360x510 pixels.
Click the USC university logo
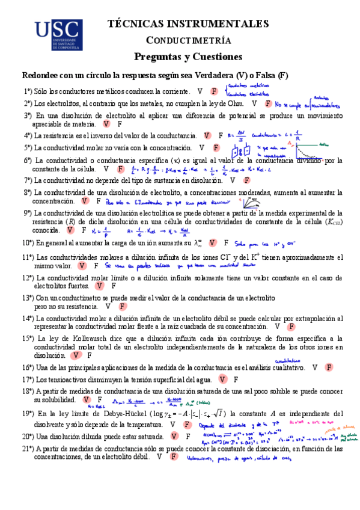click(x=58, y=34)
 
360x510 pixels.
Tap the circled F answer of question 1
click(x=214, y=91)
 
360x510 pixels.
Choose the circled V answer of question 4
click(x=207, y=136)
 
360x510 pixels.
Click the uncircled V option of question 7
click(x=232, y=180)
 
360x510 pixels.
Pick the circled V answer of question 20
click(x=172, y=436)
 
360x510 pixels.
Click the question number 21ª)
click(x=28, y=449)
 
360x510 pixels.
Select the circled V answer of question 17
click(x=223, y=379)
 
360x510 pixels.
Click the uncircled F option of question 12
click(x=113, y=286)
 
